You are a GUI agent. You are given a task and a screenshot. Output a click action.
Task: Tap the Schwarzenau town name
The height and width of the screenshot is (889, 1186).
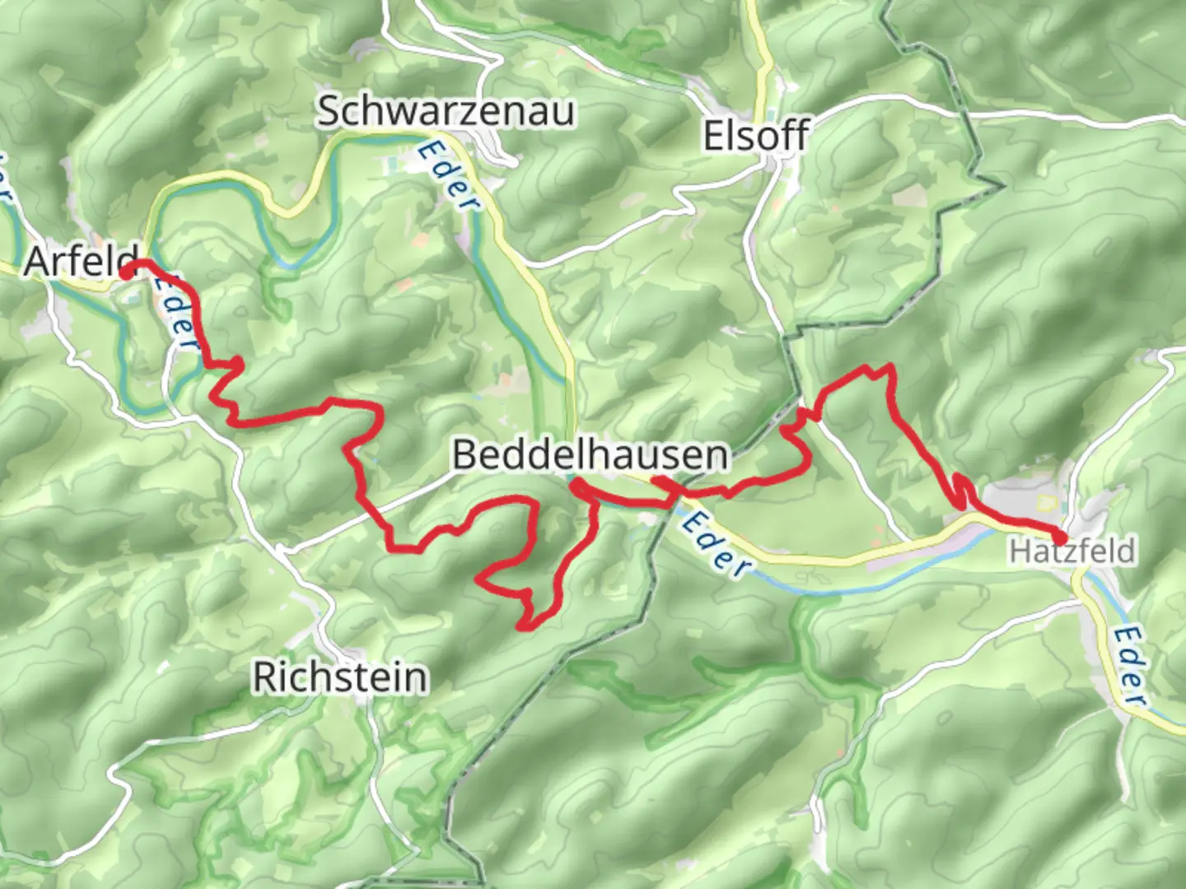tap(446, 111)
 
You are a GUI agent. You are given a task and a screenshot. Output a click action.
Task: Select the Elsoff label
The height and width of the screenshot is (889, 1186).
tap(755, 135)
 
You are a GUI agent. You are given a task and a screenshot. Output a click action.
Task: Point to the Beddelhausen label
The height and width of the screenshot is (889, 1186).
tap(591, 454)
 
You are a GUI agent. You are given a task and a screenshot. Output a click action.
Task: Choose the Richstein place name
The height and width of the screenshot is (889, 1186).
tap(340, 677)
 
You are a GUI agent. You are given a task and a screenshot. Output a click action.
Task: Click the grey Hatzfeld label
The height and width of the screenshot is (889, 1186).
tap(1072, 551)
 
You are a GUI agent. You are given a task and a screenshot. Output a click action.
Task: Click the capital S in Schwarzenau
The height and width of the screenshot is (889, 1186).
tap(329, 111)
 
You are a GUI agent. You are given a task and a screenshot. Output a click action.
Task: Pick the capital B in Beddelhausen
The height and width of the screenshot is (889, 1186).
tap(465, 454)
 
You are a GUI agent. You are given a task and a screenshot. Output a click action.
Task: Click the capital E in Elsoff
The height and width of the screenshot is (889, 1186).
tap(713, 135)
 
